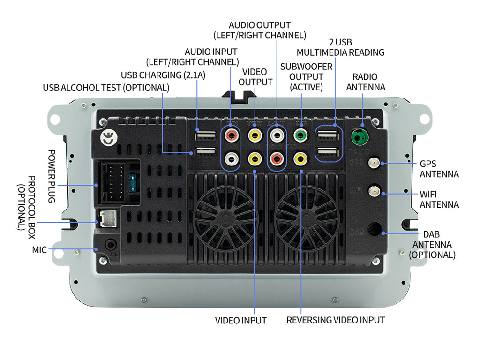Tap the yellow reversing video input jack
(300, 158)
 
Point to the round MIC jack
(111, 244)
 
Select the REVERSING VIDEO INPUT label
(336, 320)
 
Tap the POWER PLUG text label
(52, 176)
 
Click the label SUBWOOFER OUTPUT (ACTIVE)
(306, 76)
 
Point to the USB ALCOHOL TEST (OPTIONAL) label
(106, 88)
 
